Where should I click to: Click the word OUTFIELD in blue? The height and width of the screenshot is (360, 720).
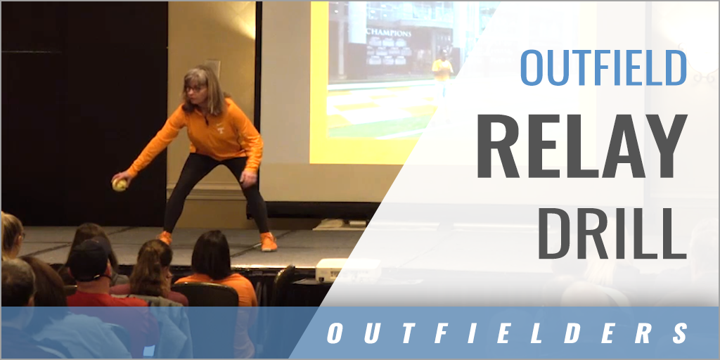click(603, 68)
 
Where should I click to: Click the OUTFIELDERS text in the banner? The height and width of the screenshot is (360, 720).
click(507, 333)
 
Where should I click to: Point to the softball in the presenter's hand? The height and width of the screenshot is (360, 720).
click(120, 184)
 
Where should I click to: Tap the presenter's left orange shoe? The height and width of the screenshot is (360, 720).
click(268, 241)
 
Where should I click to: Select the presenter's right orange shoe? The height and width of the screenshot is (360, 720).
click(165, 238)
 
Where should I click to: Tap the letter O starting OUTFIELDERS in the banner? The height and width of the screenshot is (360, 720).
click(335, 334)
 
